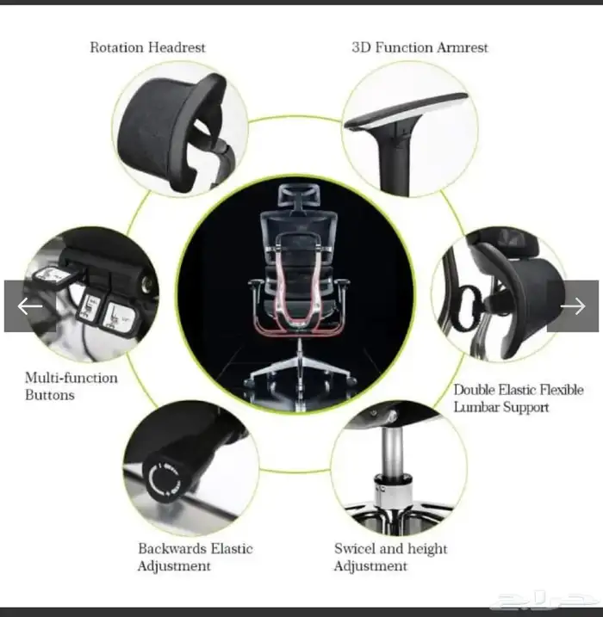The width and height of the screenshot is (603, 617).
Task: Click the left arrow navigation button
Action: point(30,306)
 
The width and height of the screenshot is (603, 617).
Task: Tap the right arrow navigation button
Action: point(573,306)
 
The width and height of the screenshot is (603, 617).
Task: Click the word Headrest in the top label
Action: point(177,47)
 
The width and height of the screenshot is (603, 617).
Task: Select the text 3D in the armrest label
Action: point(362,47)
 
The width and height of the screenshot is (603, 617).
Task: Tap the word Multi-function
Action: point(71,378)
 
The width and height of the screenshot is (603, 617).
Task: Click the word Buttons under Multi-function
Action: point(50,395)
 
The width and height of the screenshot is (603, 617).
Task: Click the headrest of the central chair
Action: point(299,194)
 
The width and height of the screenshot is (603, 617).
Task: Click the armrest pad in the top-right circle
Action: point(406,111)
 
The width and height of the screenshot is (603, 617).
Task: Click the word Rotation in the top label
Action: point(116,47)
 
